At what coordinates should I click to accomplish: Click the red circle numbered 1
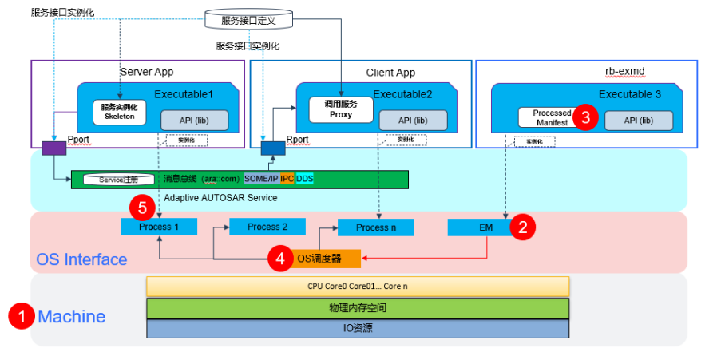tap(21, 316)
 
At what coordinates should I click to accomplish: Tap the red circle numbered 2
tap(523, 227)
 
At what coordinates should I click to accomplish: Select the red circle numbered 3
tap(586, 117)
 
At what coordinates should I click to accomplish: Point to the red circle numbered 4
tap(279, 258)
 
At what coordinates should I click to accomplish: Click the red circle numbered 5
tap(142, 208)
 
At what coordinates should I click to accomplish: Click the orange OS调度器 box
tap(323, 258)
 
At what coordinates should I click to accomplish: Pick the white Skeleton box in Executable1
tap(119, 112)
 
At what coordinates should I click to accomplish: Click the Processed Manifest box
tap(552, 118)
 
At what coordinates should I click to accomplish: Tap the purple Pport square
tap(53, 148)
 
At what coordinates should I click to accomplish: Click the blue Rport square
tap(272, 148)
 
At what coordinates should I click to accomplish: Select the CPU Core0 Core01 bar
tap(357, 286)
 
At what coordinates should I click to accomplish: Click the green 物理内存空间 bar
tap(357, 307)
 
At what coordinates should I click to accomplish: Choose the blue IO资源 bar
tap(357, 328)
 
